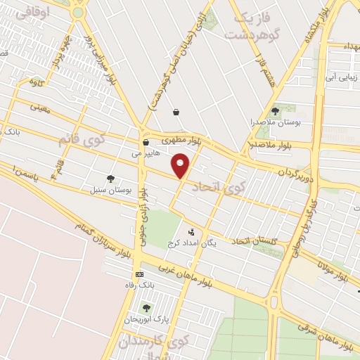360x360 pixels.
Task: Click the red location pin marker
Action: point(181,166)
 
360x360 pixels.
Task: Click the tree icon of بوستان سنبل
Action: point(110,179)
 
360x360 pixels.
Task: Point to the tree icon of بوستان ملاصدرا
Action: point(275,111)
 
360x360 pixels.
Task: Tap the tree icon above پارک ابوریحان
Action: point(146,308)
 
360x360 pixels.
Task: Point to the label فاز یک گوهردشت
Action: point(245,26)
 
